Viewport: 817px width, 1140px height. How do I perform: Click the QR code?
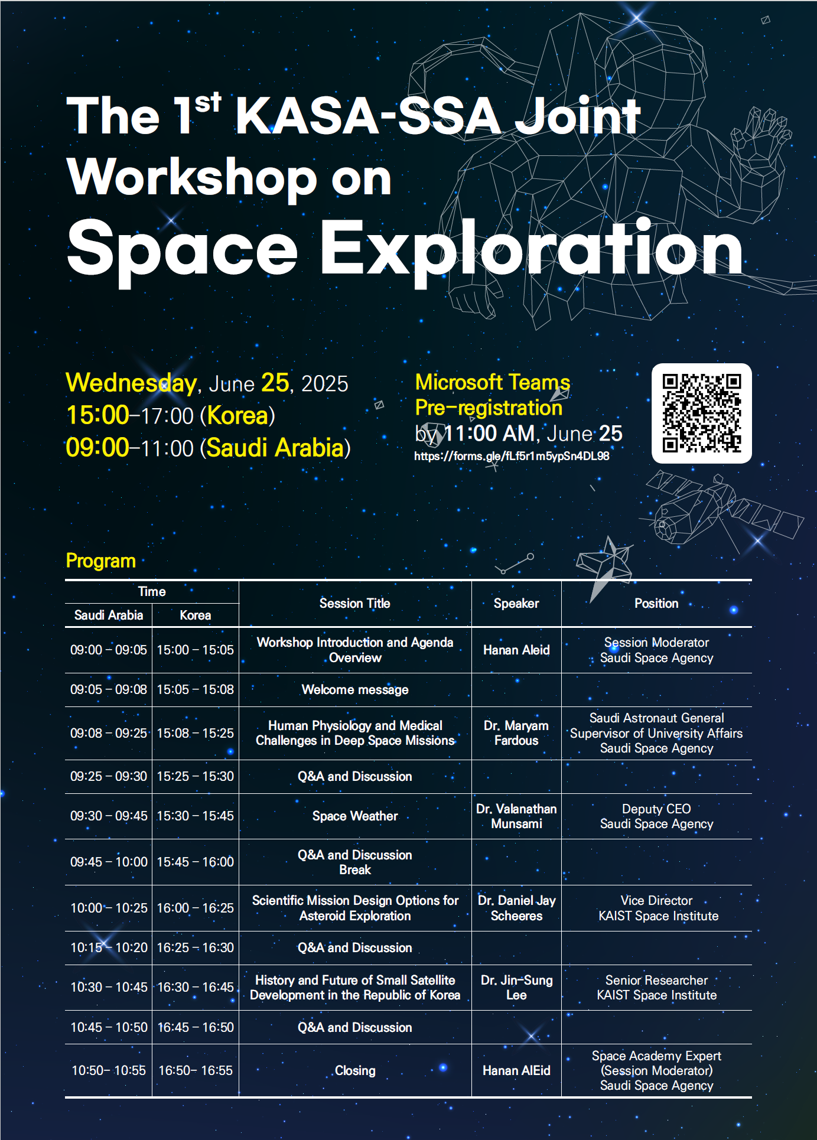tap(701, 413)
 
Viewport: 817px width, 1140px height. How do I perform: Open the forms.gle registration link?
tap(512, 456)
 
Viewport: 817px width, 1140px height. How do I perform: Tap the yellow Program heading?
tap(101, 561)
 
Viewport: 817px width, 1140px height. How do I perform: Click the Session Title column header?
tap(355, 603)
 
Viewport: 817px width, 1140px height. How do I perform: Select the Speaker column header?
tap(516, 603)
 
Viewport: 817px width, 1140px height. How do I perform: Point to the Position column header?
tap(656, 603)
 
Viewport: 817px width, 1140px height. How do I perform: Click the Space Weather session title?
tap(355, 816)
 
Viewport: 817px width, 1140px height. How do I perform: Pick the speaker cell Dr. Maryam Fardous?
tap(516, 733)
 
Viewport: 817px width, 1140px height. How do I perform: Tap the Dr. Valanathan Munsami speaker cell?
tap(516, 816)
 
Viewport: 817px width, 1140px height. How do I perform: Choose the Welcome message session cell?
tap(355, 689)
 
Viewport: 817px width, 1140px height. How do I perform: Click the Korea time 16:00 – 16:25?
tap(196, 908)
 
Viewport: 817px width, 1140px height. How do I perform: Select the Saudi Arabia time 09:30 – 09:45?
tap(109, 816)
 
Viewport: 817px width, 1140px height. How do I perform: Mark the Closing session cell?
tap(355, 1070)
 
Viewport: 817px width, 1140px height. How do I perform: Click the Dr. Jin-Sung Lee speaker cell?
tap(516, 988)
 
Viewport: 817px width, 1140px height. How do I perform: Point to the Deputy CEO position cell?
tap(656, 816)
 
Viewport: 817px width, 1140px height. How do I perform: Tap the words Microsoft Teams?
tap(493, 382)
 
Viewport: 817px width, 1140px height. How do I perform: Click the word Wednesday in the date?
tap(131, 383)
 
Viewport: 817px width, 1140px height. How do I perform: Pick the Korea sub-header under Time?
tap(196, 615)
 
